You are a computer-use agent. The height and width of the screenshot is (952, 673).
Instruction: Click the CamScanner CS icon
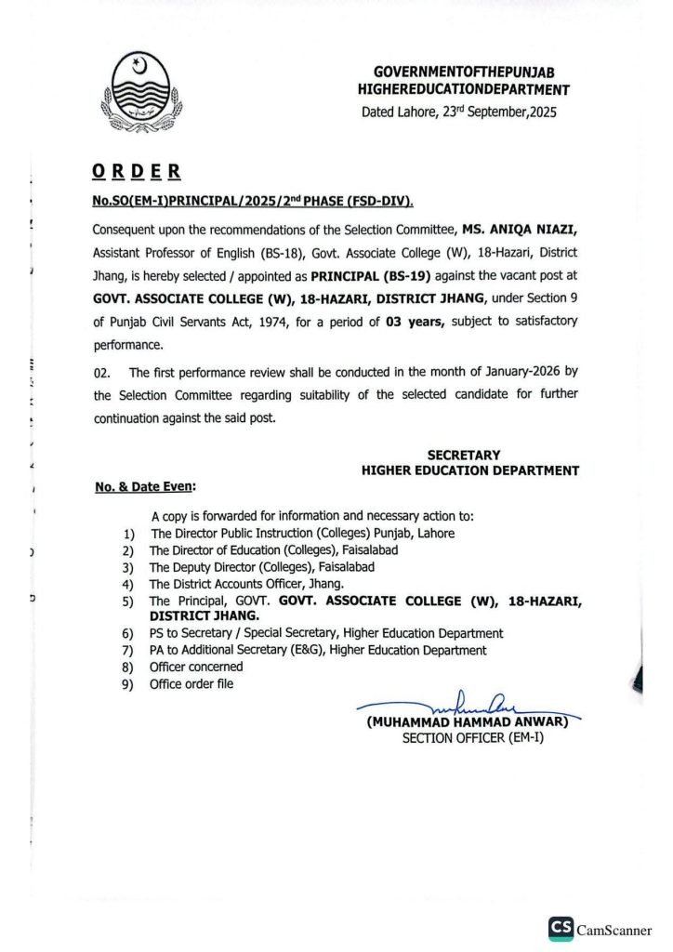pyautogui.click(x=560, y=928)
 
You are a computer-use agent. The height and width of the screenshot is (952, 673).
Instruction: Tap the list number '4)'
pyautogui.click(x=128, y=584)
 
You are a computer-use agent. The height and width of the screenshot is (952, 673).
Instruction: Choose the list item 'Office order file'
pyautogui.click(x=191, y=684)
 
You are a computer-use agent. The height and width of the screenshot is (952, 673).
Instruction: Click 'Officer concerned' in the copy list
pyautogui.click(x=196, y=667)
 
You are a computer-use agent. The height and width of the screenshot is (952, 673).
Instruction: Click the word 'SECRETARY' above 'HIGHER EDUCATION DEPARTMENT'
pyautogui.click(x=463, y=455)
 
